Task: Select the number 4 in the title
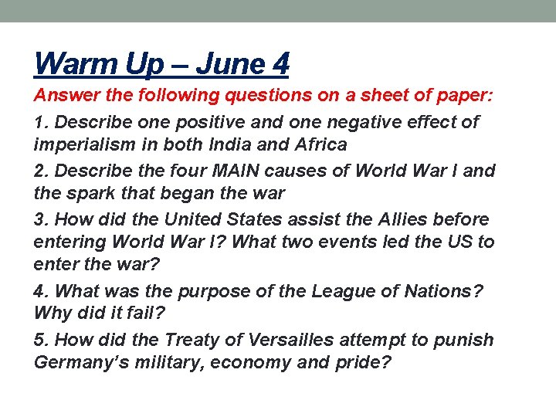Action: point(280,63)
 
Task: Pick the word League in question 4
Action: point(337,291)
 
